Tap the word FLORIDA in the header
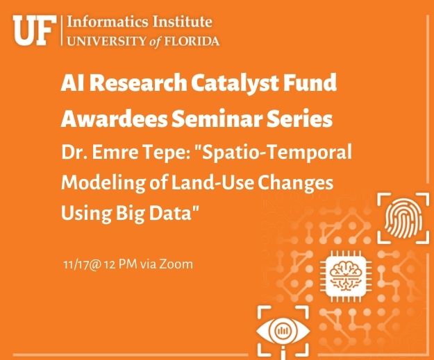pos(192,41)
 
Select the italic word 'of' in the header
pos(156,42)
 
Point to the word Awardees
pos(114,119)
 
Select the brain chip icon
pos(346,276)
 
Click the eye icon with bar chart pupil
pos(283,331)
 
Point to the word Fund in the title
pos(317,83)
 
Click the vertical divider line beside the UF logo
pos(62,31)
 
